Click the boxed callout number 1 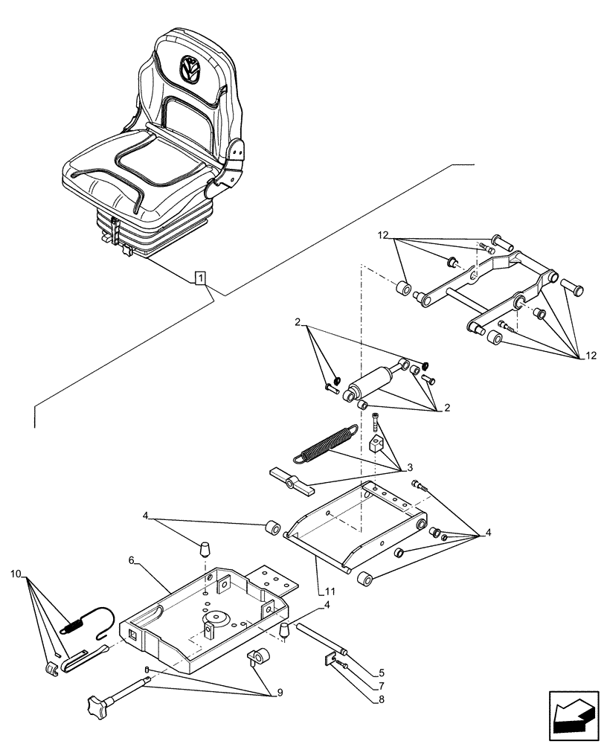pos(200,278)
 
